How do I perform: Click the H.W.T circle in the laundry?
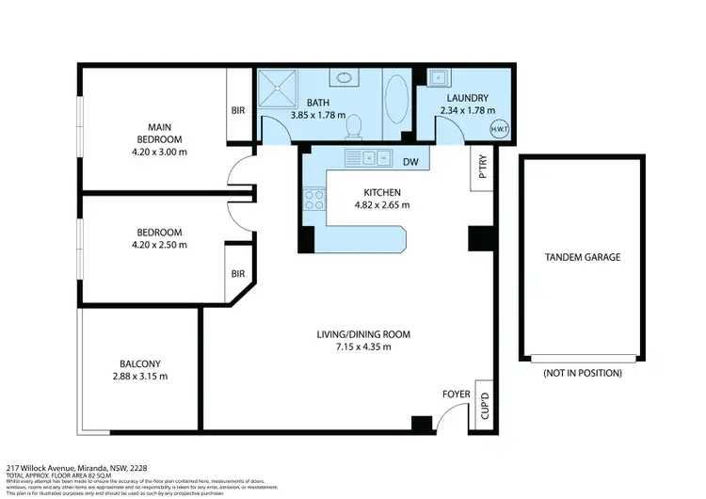tap(497, 130)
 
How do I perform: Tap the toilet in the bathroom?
tap(355, 124)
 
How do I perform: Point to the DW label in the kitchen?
tap(410, 162)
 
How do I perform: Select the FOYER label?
tap(456, 394)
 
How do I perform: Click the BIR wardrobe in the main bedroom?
tap(237, 109)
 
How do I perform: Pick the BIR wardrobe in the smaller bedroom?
tap(237, 274)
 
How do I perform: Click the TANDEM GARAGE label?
tap(583, 257)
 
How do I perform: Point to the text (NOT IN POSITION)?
tap(583, 373)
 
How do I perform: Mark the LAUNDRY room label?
tap(468, 97)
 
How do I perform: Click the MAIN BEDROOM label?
tap(157, 133)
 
